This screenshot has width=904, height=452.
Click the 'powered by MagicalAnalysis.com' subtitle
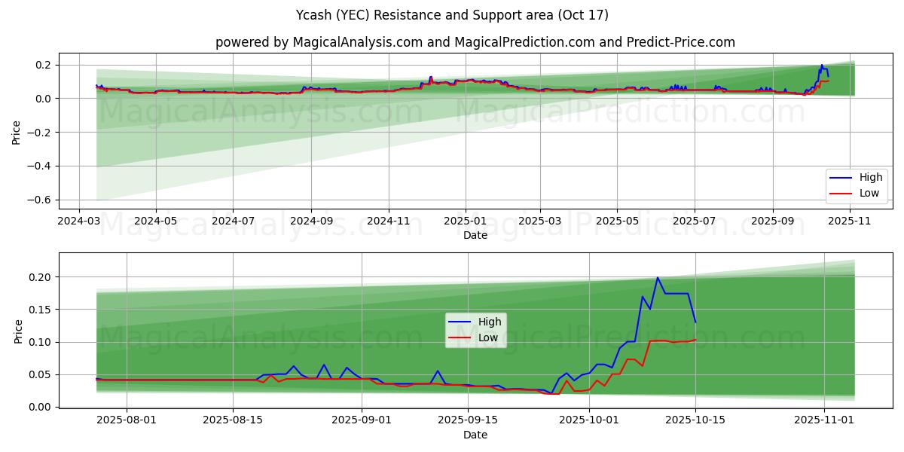tap(475, 42)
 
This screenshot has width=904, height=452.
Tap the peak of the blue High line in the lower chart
tap(657, 278)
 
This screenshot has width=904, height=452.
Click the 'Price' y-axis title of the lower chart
tap(18, 331)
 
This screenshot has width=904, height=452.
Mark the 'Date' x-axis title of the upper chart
tap(475, 235)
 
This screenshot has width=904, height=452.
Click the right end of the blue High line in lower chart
tap(695, 322)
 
